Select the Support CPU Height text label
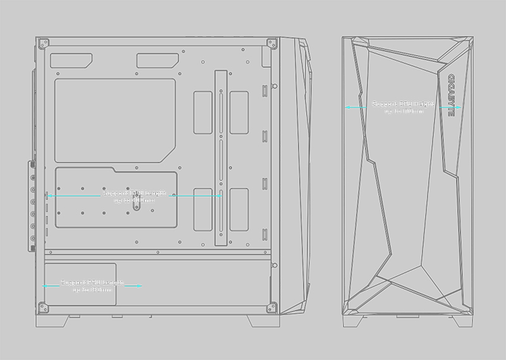(403, 107)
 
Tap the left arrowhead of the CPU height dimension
(347, 108)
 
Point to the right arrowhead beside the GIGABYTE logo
(460, 108)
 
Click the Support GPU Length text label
(133, 196)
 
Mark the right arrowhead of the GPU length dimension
(219, 196)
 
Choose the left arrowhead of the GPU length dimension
(47, 196)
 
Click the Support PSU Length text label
(92, 285)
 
